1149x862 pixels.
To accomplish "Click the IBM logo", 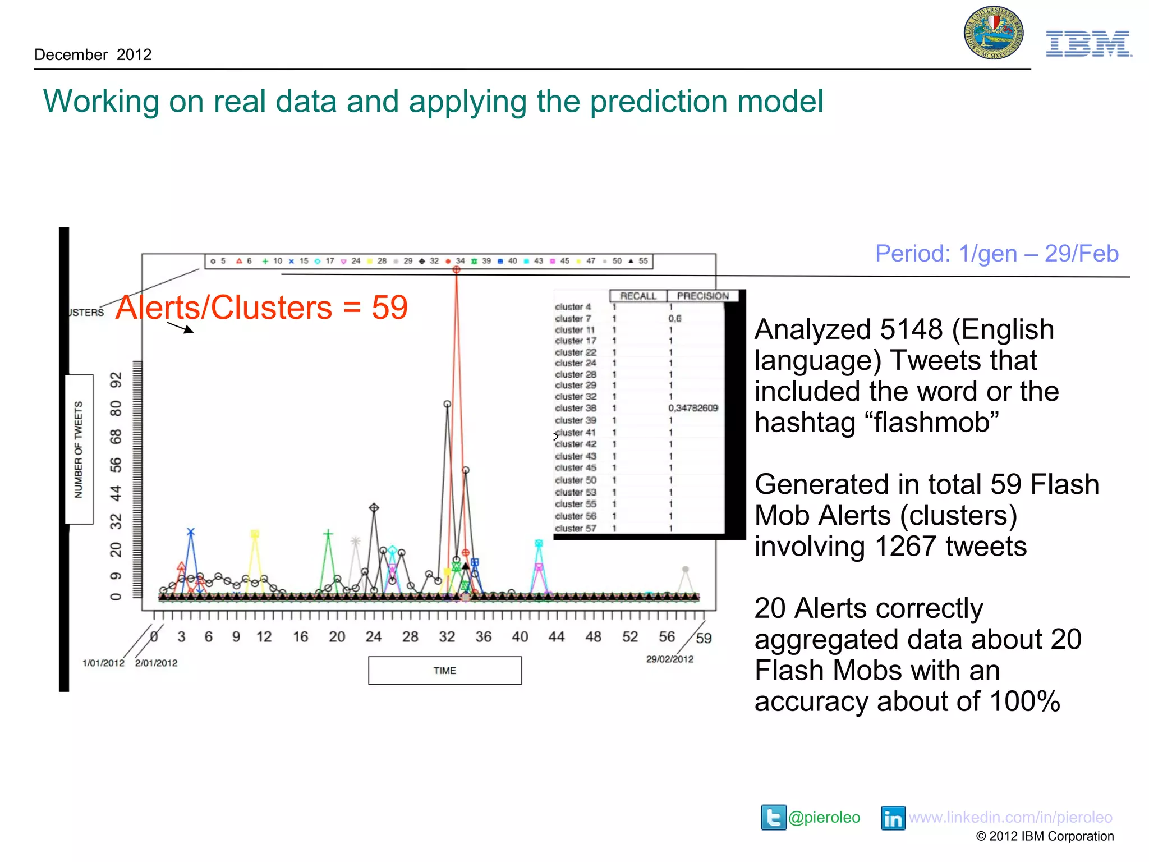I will tap(1088, 44).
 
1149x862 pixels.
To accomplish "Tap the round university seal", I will tap(994, 33).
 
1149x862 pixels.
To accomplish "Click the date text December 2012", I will tap(93, 54).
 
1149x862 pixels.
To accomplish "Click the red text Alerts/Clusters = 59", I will tap(261, 308).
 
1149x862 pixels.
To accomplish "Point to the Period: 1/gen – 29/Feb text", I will tap(996, 254).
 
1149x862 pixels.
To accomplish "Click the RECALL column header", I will tap(638, 296).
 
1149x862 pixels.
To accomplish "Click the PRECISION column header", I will tap(702, 296).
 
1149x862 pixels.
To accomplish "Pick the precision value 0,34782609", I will tap(693, 408).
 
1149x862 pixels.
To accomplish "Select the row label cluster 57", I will tap(575, 528).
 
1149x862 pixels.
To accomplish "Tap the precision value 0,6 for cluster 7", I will tap(674, 318).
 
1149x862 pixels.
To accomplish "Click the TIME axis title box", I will tap(444, 671).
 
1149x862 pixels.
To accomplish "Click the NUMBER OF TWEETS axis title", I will tap(79, 449).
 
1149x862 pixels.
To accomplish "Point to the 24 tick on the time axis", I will tap(373, 637).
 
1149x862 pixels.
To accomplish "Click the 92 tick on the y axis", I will tap(116, 380).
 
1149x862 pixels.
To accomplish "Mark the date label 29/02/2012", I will tap(669, 659).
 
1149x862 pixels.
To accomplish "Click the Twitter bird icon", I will tap(773, 817).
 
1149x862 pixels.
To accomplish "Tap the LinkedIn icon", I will tap(893, 818).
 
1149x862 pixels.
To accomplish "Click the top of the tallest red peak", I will tap(457, 270).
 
